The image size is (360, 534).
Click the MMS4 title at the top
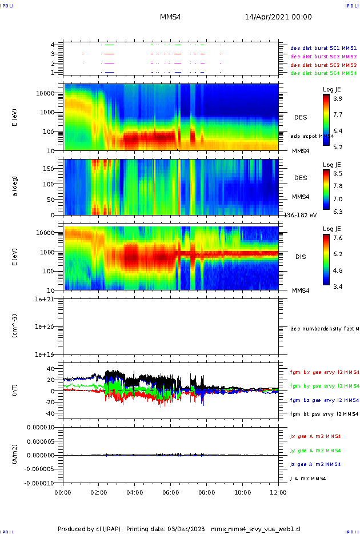click(170, 17)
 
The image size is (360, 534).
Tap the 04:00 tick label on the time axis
click(135, 492)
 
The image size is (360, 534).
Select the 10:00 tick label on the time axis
click(243, 492)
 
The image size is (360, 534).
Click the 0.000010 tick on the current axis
click(40, 427)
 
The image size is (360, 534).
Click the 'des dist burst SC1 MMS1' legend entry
click(323, 49)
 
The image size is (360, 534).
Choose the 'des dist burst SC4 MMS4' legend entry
click(323, 73)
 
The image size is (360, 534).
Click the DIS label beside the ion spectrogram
click(300, 257)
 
